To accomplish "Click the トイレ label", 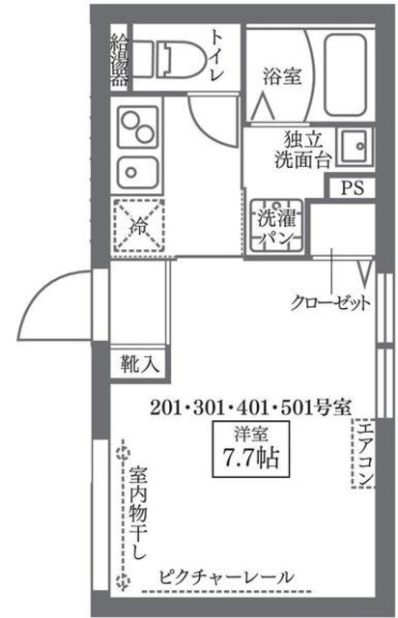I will click(217, 56).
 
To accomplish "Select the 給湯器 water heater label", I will click(119, 61).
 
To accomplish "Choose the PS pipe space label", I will click(353, 188).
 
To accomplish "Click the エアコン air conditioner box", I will click(364, 454).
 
